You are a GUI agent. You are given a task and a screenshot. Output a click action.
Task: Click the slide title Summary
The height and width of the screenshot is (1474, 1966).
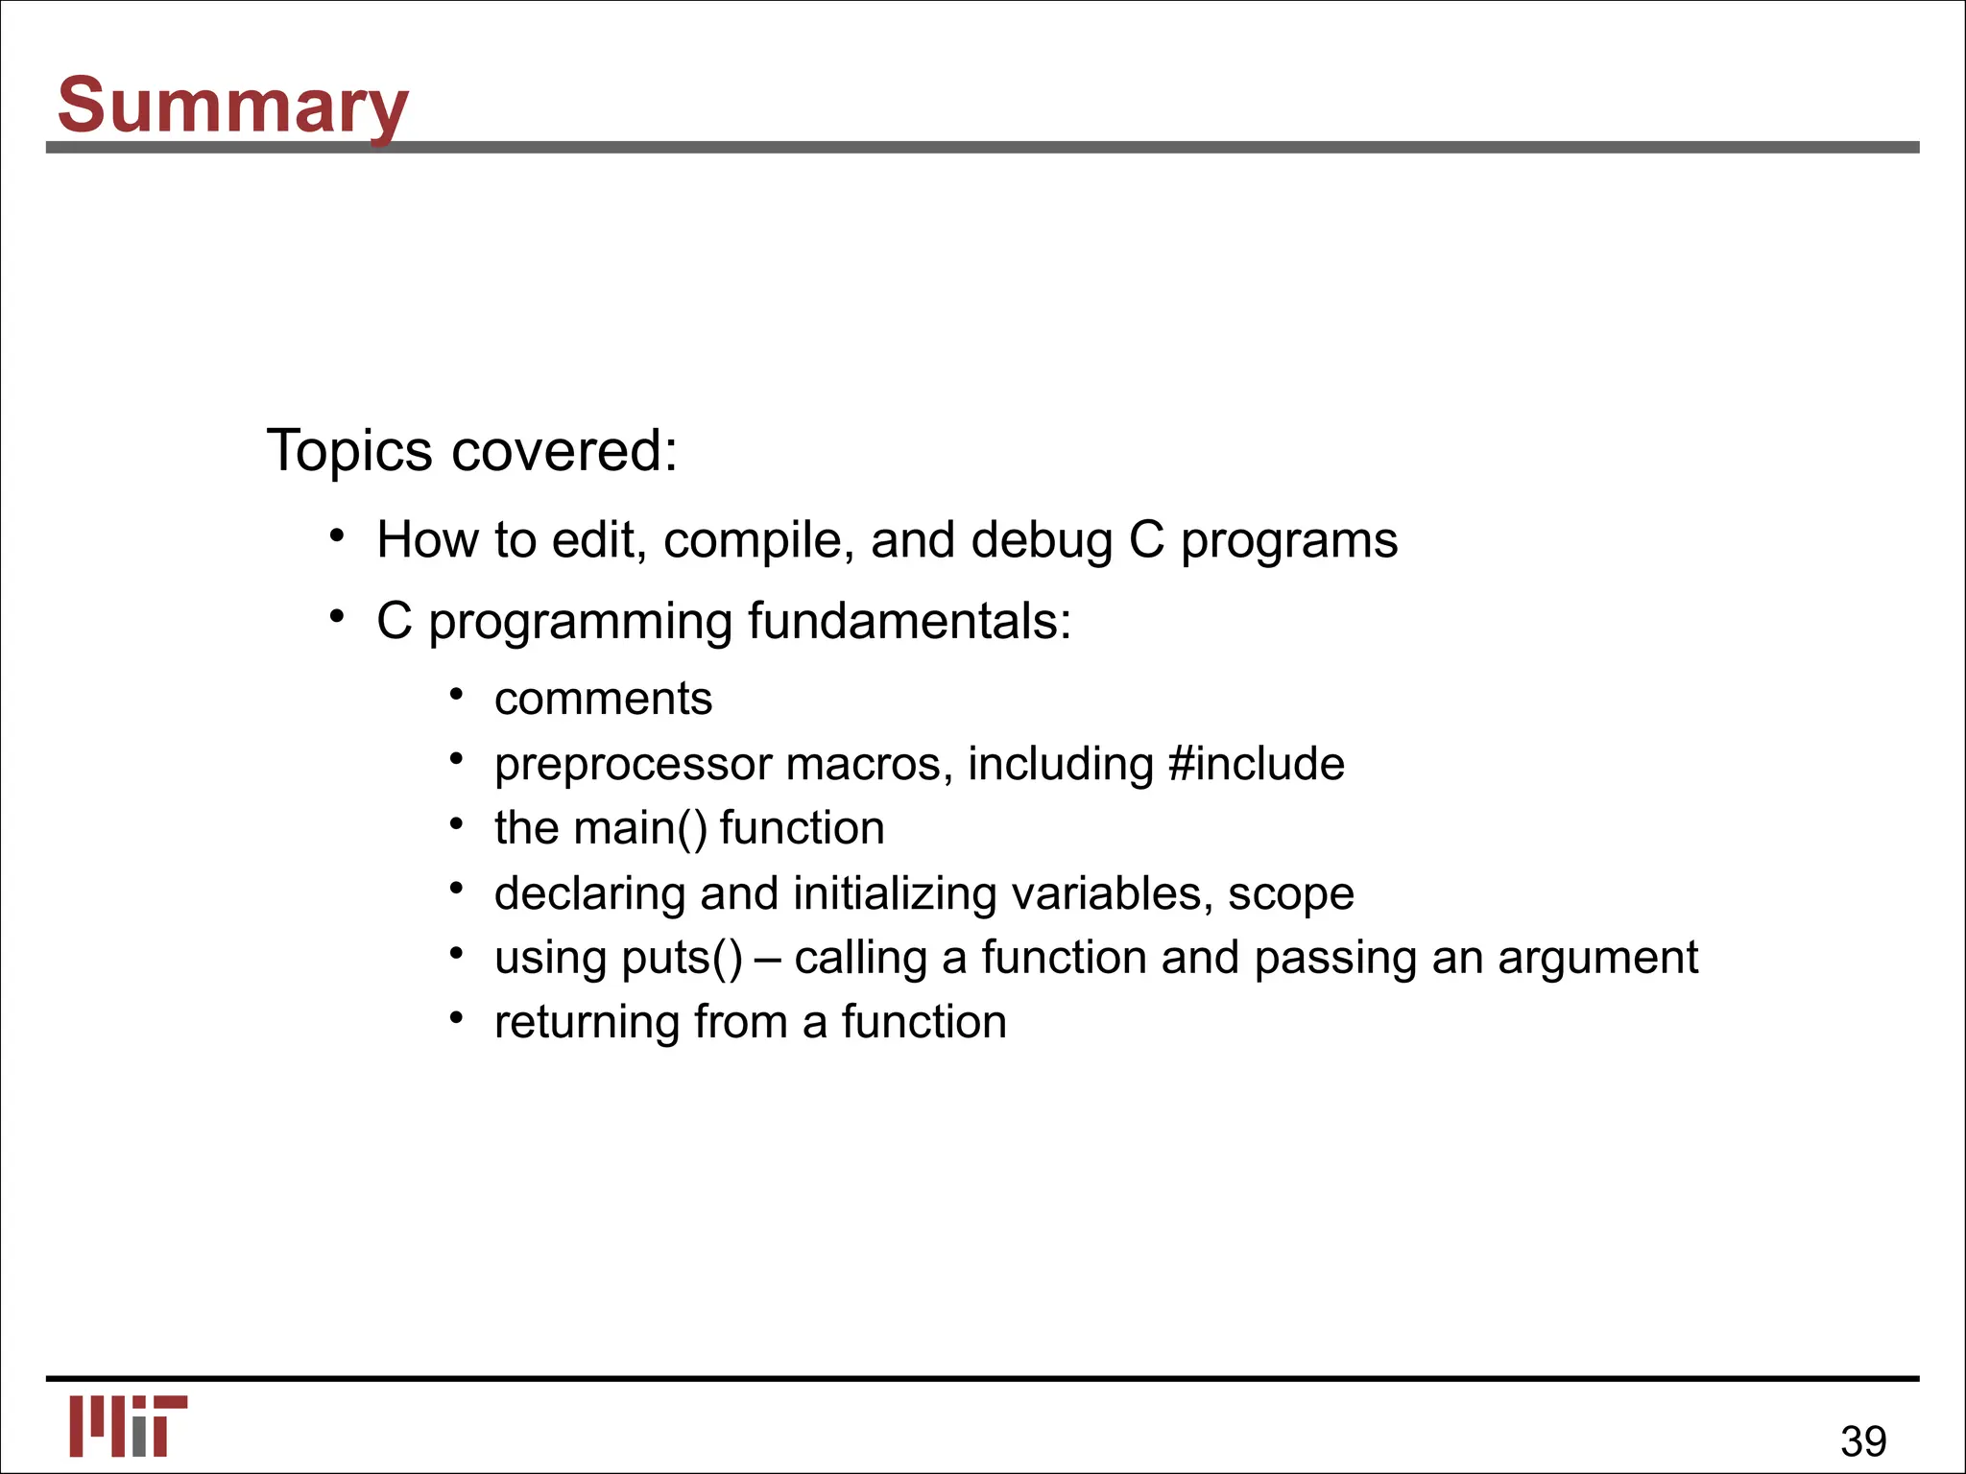pos(233,106)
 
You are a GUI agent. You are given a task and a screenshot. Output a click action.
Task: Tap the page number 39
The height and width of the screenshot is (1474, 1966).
pos(1862,1440)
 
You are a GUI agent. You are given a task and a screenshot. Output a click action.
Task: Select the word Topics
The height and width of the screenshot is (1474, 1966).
pos(349,450)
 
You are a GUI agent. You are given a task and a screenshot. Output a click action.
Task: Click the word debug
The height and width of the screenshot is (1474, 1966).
pos(1042,540)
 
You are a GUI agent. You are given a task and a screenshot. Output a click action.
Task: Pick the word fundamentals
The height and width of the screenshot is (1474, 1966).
pos(908,621)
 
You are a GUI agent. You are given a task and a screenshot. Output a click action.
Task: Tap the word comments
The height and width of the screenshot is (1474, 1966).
pos(603,699)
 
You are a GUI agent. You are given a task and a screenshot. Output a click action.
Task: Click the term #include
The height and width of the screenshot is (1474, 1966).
pos(1257,765)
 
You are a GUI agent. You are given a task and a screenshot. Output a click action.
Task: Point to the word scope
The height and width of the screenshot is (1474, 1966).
pos(1290,894)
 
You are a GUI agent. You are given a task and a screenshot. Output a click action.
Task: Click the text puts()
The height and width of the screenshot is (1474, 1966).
pos(682,959)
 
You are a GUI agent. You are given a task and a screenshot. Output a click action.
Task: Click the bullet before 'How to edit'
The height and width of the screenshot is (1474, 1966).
pos(336,535)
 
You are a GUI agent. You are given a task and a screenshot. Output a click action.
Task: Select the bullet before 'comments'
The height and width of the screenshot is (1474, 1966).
pos(457,694)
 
